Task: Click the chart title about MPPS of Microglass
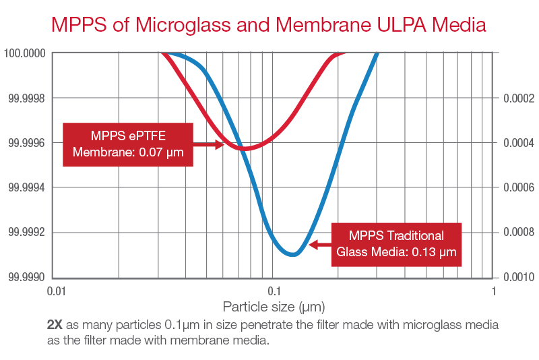(269, 25)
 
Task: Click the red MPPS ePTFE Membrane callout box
(128, 144)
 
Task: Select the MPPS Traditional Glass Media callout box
(395, 244)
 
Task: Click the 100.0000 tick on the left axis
(25, 53)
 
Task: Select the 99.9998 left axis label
(25, 98)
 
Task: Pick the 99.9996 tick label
(25, 143)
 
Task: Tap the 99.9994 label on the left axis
(25, 187)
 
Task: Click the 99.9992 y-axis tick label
(25, 233)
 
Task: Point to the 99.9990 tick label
(25, 277)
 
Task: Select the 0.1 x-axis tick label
(274, 291)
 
